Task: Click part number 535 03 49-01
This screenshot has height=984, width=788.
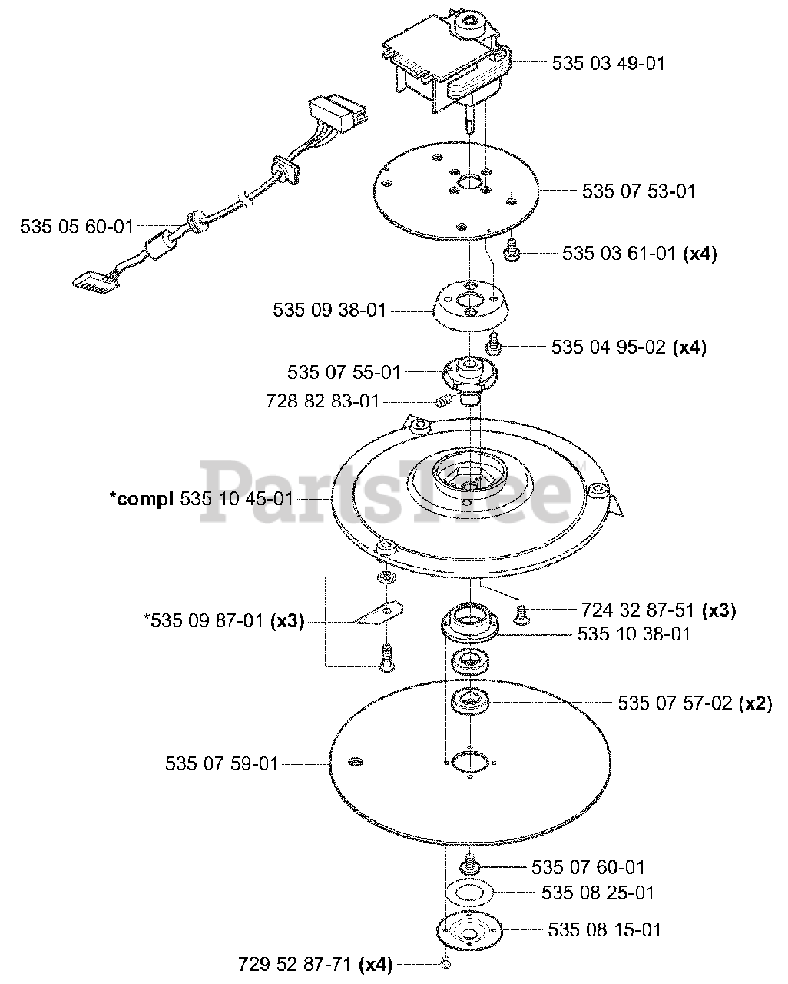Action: pos(608,63)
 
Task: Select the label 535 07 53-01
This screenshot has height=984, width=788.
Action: pos(639,191)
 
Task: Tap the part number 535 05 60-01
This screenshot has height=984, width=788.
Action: pos(77,227)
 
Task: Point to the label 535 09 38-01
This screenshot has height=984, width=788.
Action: pos(329,311)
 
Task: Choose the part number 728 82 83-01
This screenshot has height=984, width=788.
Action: pos(322,401)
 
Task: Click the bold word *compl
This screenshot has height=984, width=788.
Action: pos(142,498)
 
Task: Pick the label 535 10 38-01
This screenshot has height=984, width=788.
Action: pos(634,634)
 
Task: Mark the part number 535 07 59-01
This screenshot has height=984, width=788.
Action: pos(221,764)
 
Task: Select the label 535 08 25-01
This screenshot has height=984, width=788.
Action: pos(598,893)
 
